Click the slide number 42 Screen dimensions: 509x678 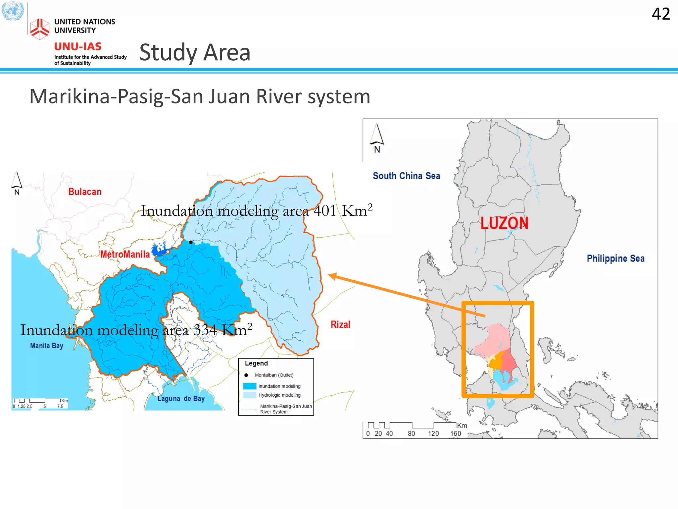pos(661,14)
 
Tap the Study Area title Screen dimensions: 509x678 pos(195,53)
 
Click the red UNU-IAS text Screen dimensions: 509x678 pos(78,46)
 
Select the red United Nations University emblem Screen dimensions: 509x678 pos(39,29)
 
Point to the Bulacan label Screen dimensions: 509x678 pos(85,192)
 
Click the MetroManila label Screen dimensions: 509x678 pos(125,254)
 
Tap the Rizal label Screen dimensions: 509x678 pos(340,324)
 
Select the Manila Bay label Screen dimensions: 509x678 pos(47,346)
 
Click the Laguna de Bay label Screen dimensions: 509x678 pos(181,398)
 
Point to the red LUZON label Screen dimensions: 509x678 pos(504,223)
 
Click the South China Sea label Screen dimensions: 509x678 pos(406,176)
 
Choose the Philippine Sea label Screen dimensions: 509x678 pos(615,258)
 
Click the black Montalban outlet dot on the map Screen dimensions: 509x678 pos(191,242)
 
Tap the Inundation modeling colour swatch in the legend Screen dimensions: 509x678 pos(250,386)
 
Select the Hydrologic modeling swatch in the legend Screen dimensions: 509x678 pos(250,395)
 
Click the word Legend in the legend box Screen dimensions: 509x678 pos(256,363)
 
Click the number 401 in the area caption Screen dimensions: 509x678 pos(325,211)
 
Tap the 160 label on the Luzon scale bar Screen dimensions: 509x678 pos(456,433)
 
